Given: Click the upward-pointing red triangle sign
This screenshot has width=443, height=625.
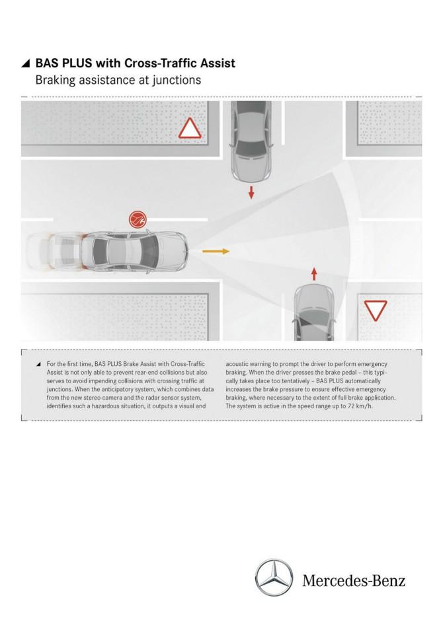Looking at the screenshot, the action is (x=190, y=129).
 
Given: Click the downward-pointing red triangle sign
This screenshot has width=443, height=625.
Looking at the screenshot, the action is (x=376, y=310).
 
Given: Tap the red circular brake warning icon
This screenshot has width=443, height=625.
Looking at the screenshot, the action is (x=138, y=219).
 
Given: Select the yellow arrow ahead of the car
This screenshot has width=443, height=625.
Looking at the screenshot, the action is (x=216, y=251).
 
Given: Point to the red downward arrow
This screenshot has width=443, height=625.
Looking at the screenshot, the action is (x=251, y=192).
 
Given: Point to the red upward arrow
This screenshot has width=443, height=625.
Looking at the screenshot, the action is (x=314, y=274).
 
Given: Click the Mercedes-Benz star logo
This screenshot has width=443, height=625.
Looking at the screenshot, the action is (x=274, y=578).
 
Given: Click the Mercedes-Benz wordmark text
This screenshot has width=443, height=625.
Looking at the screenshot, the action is (x=354, y=580).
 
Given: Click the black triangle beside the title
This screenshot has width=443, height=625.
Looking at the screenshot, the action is (x=26, y=63).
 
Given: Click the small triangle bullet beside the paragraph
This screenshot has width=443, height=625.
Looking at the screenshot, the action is (x=38, y=364).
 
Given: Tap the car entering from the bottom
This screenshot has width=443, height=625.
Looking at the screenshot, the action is (x=314, y=314).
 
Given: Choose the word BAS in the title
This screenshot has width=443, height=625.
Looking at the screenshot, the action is (x=48, y=63).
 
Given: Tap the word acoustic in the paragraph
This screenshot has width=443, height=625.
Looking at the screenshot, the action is (x=237, y=364).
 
